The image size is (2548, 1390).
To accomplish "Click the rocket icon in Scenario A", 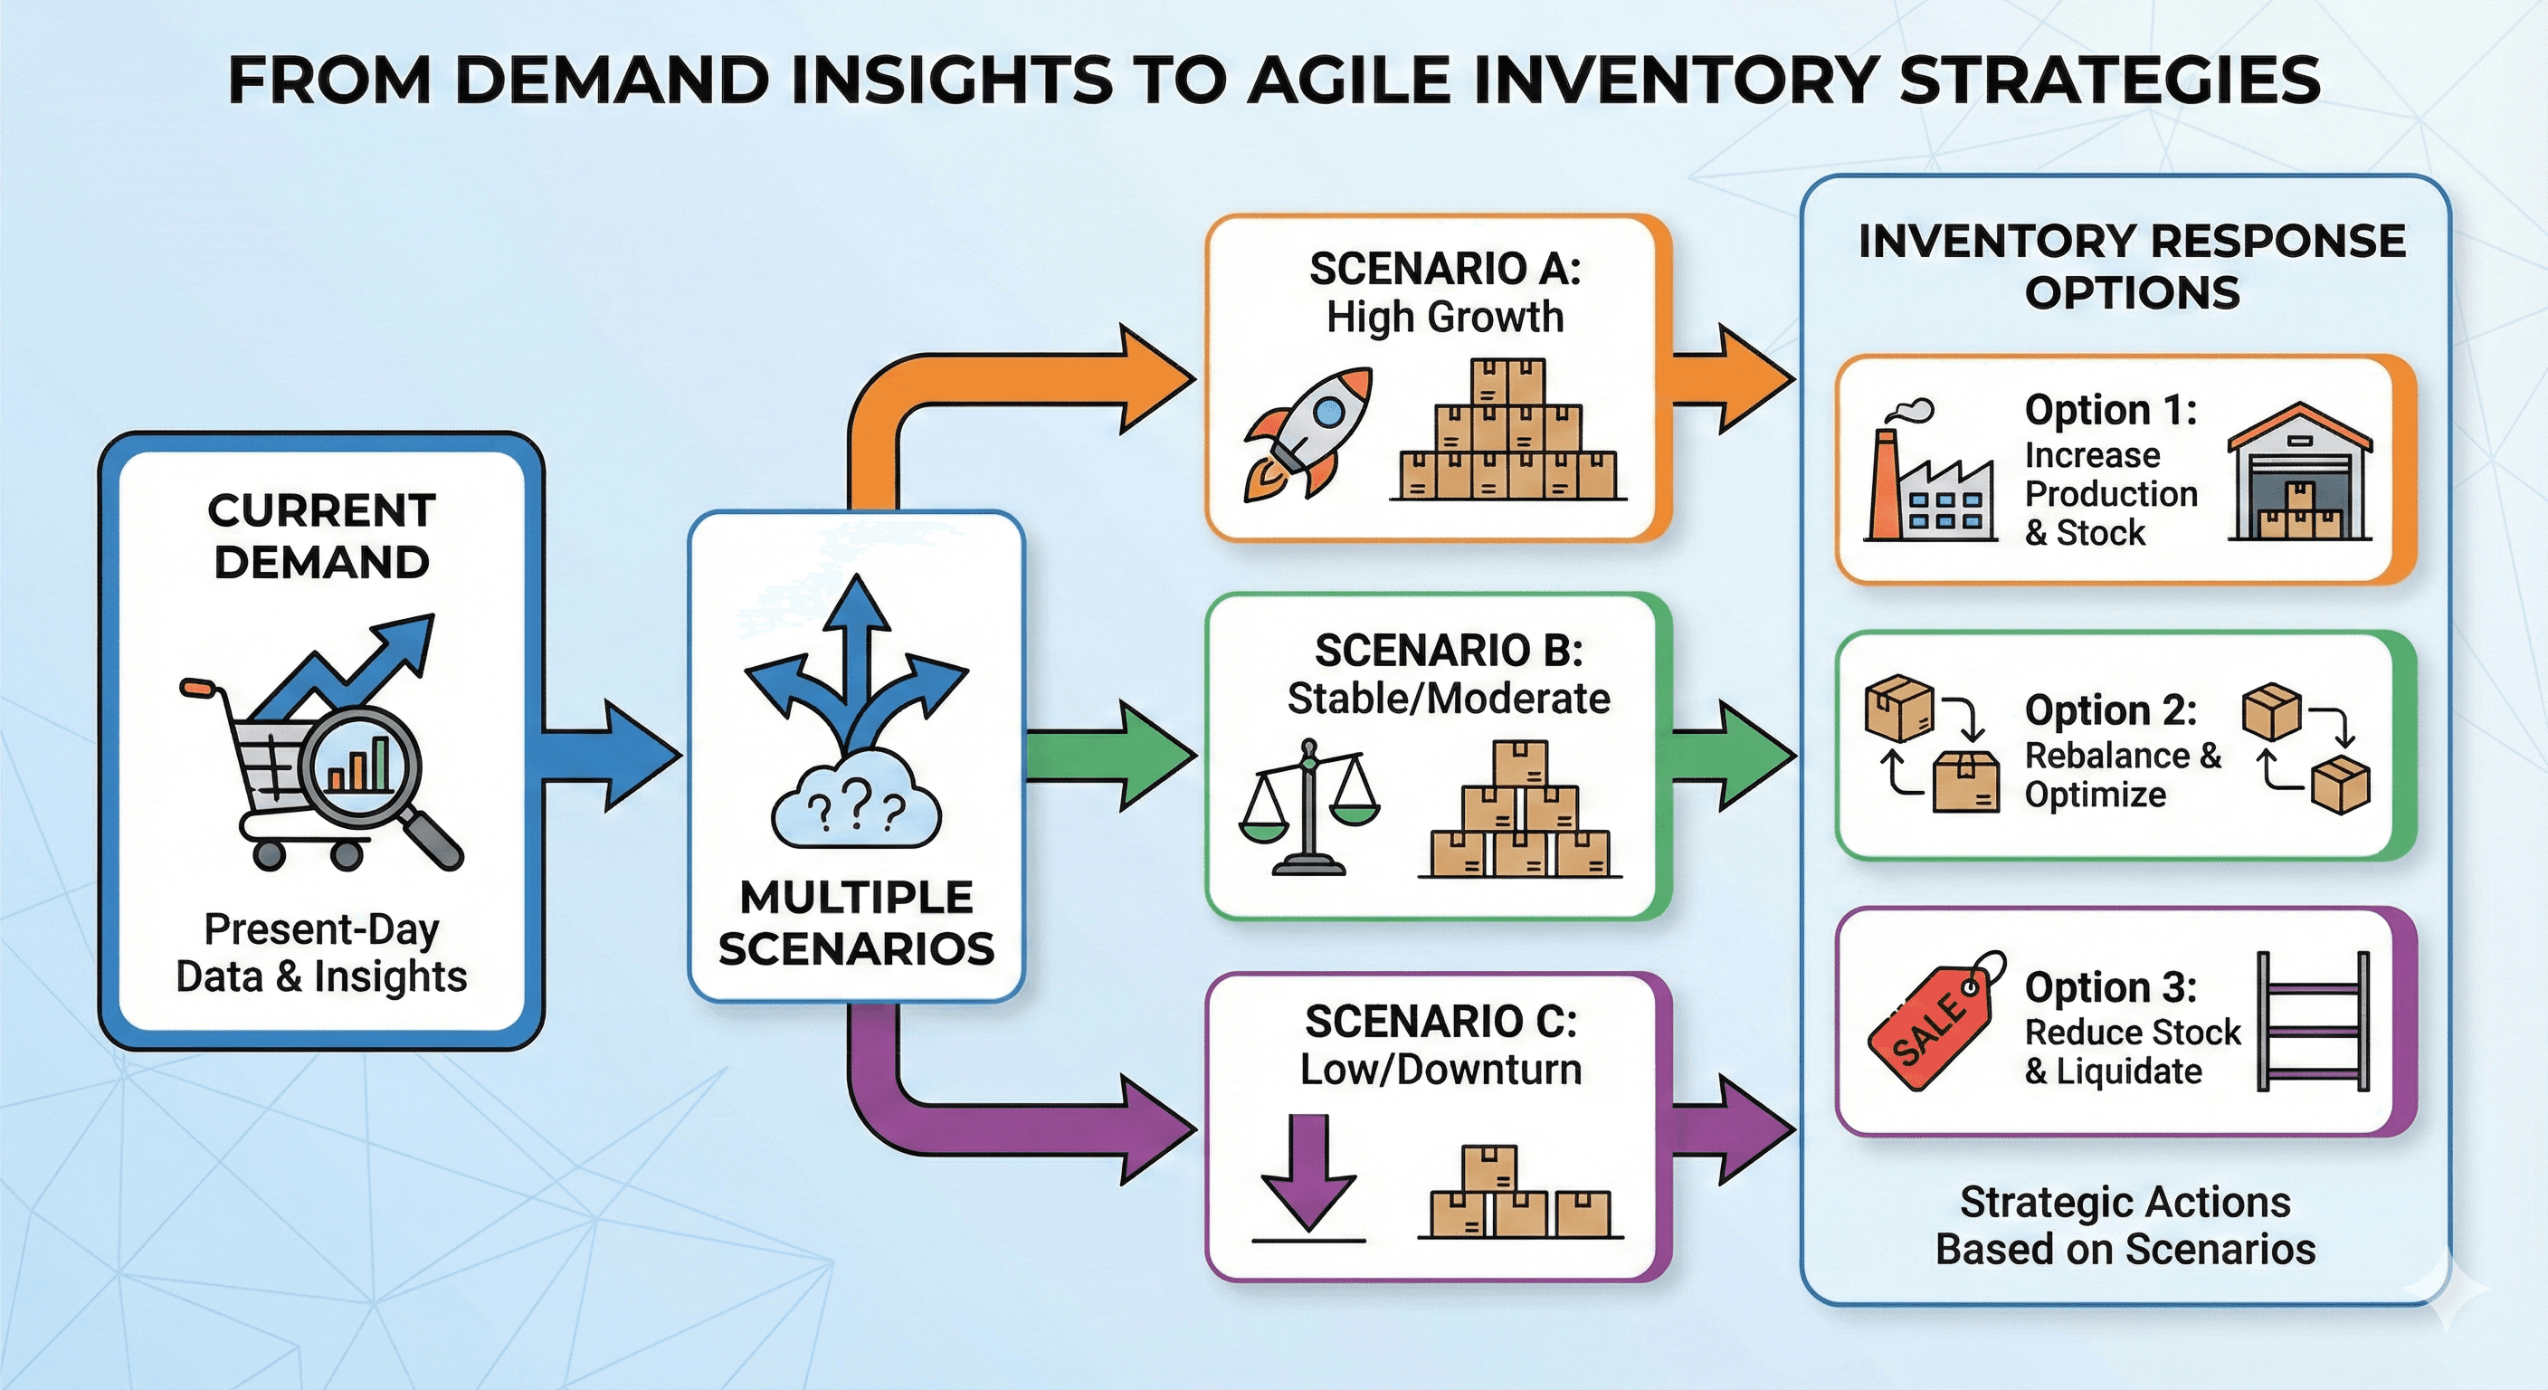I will click(x=1307, y=433).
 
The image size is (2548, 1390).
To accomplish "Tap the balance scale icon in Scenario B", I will click(x=1308, y=806).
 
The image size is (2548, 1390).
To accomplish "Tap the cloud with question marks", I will click(x=856, y=802).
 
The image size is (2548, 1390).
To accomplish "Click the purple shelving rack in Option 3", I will click(x=2313, y=1021).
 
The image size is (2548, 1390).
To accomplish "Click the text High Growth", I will click(x=1444, y=318).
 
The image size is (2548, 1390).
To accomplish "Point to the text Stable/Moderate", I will click(x=1448, y=700).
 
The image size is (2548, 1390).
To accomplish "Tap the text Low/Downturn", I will click(x=1440, y=1070).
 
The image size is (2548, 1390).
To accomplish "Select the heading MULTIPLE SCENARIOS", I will click(x=857, y=923).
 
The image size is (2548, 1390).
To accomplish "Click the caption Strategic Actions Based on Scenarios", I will click(x=2125, y=1224).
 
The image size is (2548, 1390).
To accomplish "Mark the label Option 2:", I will click(x=2111, y=709).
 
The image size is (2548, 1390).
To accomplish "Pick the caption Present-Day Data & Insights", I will click(x=321, y=953).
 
